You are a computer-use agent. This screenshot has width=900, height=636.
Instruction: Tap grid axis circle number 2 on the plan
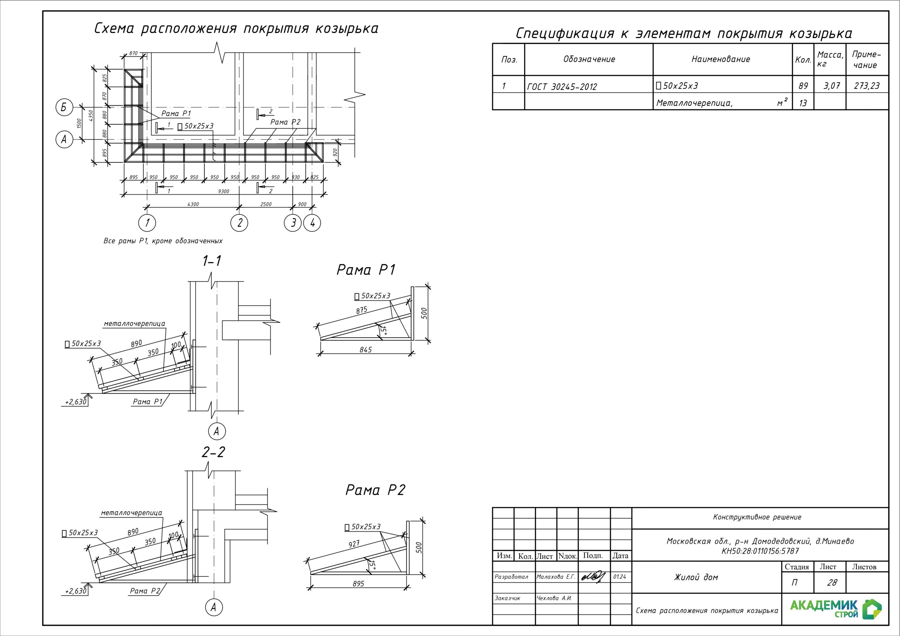pyautogui.click(x=239, y=223)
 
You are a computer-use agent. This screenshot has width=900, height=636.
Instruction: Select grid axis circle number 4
pyautogui.click(x=313, y=223)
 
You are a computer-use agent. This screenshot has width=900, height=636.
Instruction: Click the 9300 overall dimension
pyautogui.click(x=224, y=191)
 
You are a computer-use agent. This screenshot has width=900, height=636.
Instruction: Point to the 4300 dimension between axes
pyautogui.click(x=193, y=204)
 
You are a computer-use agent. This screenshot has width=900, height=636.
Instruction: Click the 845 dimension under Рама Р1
pyautogui.click(x=365, y=350)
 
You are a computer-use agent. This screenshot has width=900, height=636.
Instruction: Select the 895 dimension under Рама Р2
pyautogui.click(x=358, y=584)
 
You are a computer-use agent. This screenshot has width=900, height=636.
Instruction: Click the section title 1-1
pyautogui.click(x=212, y=261)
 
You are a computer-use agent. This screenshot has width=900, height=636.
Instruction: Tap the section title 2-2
pyautogui.click(x=213, y=452)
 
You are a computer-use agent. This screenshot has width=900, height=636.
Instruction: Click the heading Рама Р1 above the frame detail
pyautogui.click(x=366, y=270)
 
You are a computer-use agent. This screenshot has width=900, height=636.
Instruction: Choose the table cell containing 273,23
pyautogui.click(x=867, y=86)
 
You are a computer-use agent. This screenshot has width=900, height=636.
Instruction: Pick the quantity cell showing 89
pyautogui.click(x=803, y=86)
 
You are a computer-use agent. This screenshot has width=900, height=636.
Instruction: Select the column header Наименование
pyautogui.click(x=720, y=59)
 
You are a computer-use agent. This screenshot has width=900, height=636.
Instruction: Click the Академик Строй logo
pyautogui.click(x=835, y=609)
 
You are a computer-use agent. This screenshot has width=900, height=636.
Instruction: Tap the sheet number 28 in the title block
pyautogui.click(x=832, y=583)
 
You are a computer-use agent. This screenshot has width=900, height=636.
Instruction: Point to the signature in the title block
pyautogui.click(x=593, y=576)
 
